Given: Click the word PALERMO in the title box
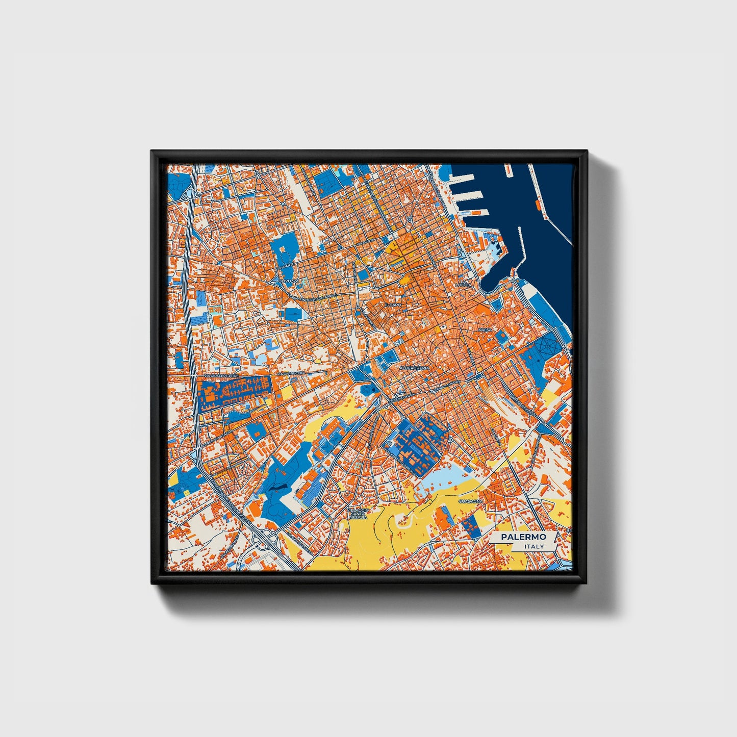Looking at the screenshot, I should click(523, 537).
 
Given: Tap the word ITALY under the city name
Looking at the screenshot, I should click(534, 546).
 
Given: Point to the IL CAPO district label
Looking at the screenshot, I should click(394, 304).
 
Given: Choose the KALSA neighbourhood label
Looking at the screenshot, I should click(485, 330).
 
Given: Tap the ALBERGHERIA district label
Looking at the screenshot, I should click(415, 367).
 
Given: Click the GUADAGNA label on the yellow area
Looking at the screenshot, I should click(468, 501).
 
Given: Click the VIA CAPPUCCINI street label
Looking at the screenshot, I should click(290, 374).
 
